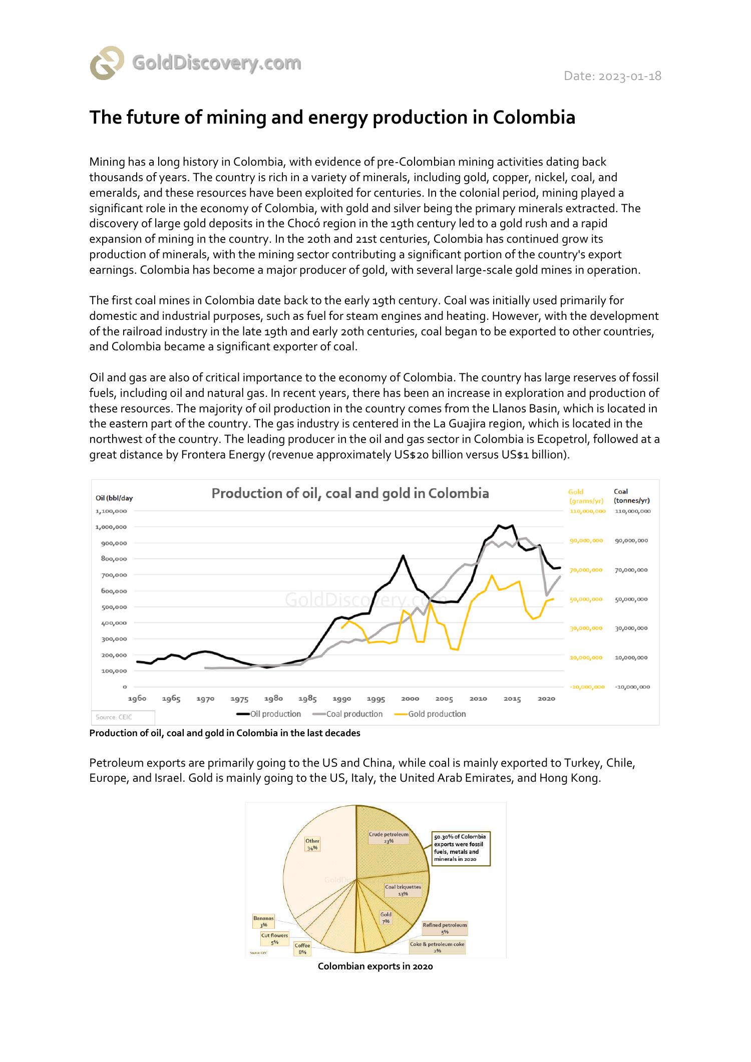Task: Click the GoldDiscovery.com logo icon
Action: (107, 63)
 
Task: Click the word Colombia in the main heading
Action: (534, 118)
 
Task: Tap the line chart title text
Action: (350, 493)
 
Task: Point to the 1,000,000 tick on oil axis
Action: (111, 527)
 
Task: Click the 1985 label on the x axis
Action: (307, 699)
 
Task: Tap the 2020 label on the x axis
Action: (546, 699)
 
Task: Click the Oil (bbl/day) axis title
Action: (114, 498)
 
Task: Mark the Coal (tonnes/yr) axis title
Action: (632, 496)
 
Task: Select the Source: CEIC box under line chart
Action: (123, 717)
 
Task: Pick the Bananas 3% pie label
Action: (264, 921)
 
